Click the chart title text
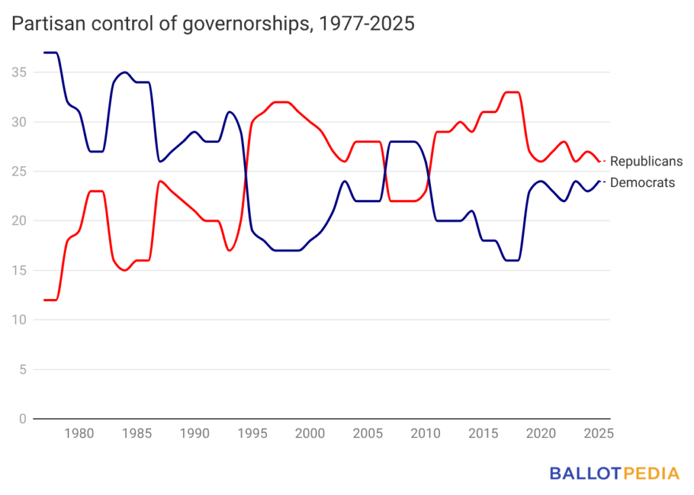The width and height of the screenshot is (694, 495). pos(213,24)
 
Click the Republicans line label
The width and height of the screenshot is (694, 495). pos(646,161)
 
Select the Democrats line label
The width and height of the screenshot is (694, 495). pos(642,182)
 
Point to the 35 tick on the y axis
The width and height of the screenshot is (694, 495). pos(18,73)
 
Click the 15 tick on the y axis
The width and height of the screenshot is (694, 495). pos(18,271)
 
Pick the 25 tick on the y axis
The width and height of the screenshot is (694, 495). pos(18,172)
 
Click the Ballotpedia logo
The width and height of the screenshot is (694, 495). pos(614,473)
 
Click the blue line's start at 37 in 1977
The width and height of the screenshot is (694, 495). pos(45,53)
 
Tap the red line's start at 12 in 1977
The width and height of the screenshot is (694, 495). pos(45,300)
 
